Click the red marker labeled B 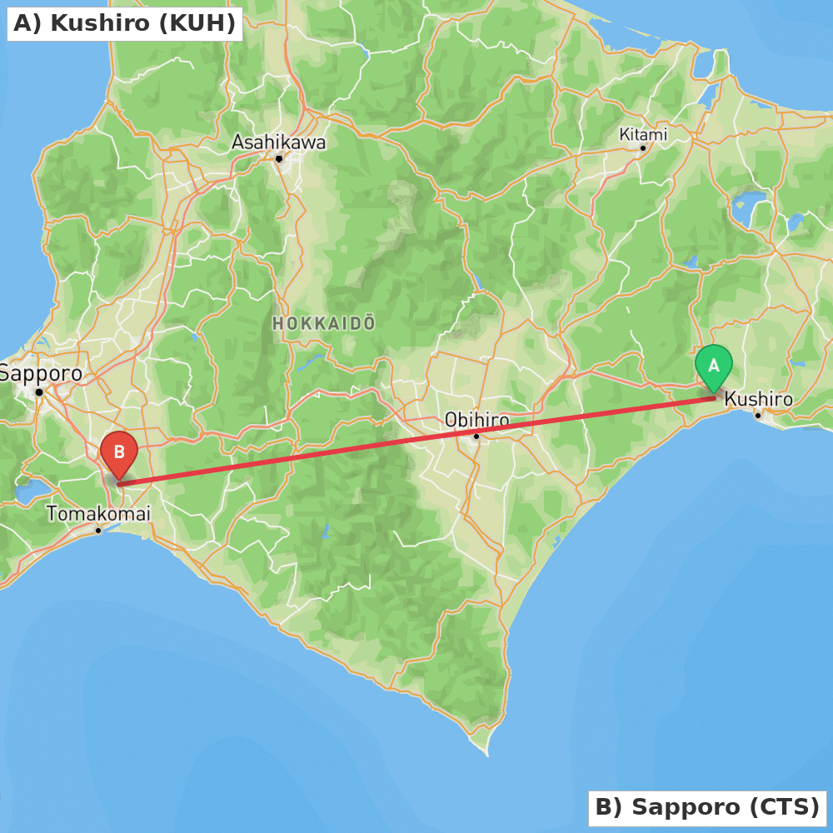click(119, 452)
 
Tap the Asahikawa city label click(278, 142)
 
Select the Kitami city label click(643, 134)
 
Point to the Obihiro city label click(476, 420)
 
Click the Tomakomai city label click(98, 514)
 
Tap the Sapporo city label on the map click(41, 373)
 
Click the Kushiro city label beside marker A click(758, 400)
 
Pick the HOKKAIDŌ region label click(323, 323)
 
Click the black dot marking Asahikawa click(279, 158)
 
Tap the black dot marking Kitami click(642, 148)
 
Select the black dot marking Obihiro click(476, 436)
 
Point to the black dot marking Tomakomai click(98, 530)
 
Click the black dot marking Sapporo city click(39, 392)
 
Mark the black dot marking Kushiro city click(758, 415)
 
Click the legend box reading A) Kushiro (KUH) click(125, 23)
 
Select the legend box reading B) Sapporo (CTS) click(707, 807)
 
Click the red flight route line click(416, 441)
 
